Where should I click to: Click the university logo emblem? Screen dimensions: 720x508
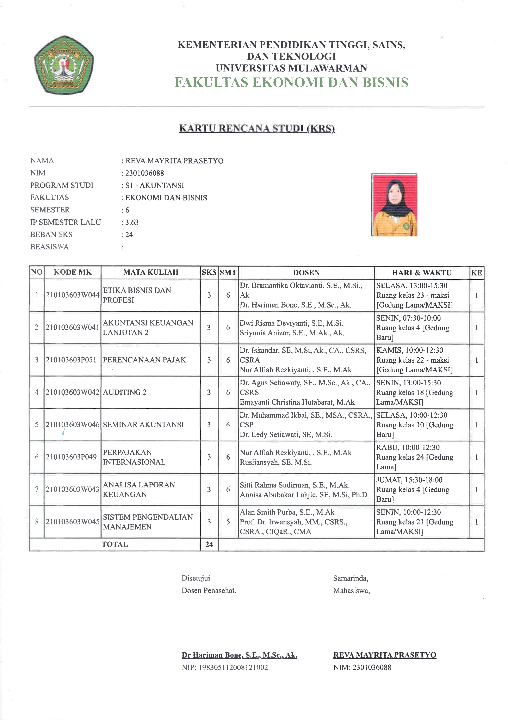point(64,65)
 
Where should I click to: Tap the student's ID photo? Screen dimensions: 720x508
point(394,205)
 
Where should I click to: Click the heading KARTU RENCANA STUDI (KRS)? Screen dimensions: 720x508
point(256,128)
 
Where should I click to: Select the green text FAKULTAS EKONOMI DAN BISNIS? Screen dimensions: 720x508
point(291,82)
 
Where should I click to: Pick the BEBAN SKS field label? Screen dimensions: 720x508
point(51,235)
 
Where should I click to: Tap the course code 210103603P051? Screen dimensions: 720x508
point(71,360)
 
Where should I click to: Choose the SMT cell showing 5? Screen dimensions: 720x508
point(228,521)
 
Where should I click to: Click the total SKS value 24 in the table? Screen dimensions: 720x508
point(209,544)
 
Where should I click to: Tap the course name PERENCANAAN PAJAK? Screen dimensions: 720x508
point(144,360)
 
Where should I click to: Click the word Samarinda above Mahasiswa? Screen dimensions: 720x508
point(350,578)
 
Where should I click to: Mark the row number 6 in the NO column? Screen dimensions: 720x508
point(37,457)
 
